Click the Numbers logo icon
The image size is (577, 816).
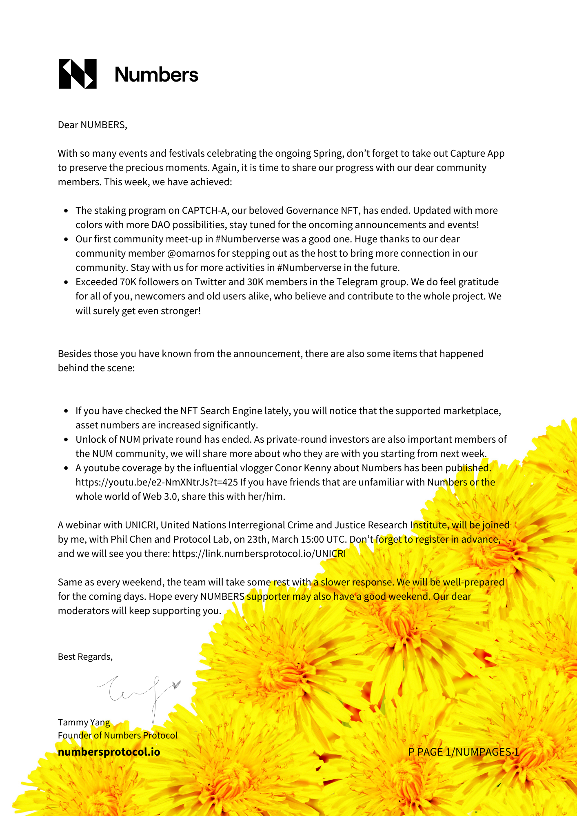click(78, 74)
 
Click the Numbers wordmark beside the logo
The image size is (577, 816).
click(156, 75)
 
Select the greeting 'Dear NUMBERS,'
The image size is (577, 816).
click(93, 125)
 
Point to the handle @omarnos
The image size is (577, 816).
click(191, 253)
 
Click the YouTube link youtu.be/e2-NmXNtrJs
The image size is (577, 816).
click(157, 482)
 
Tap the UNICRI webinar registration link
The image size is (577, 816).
click(259, 554)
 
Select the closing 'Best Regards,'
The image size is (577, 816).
click(85, 656)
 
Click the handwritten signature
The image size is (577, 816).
click(139, 692)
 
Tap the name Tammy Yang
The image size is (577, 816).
click(84, 722)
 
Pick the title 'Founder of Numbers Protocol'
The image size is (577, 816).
click(118, 735)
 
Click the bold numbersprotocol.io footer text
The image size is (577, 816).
click(109, 752)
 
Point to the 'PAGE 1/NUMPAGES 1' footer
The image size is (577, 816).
click(463, 752)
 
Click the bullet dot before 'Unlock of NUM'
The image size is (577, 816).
click(66, 440)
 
